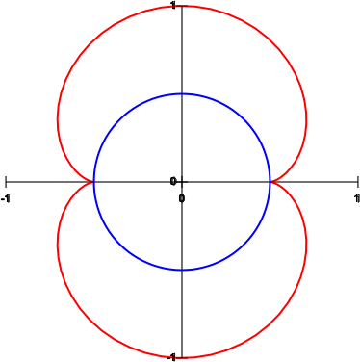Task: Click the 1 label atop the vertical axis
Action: pos(173,5)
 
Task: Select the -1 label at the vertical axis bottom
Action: pos(171,357)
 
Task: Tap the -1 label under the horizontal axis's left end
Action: pos(6,199)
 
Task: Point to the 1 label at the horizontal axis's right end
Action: pos(357,199)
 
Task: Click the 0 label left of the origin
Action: pos(173,182)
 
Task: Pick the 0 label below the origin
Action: pos(182,199)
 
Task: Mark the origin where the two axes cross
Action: pos(182,182)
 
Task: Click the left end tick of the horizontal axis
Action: pos(6,182)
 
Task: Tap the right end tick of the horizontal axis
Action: pos(358,182)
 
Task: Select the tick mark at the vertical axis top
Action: pos(182,6)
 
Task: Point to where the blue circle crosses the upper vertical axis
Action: pos(182,94)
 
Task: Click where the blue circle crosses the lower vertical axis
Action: pos(182,270)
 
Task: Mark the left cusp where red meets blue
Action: pos(93,182)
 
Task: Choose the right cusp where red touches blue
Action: pos(270,182)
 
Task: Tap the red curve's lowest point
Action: pos(182,357)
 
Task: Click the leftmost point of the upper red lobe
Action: pos(58,119)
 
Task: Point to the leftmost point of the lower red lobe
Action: pos(58,245)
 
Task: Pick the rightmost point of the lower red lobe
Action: pos(306,244)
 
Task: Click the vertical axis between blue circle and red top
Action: pos(182,50)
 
